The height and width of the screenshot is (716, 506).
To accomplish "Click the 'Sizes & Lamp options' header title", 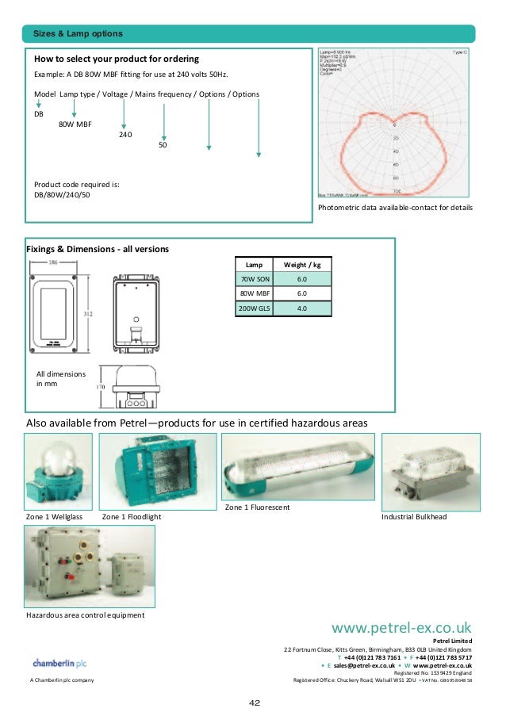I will pos(78,33).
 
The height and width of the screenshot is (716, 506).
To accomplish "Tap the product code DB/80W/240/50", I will pos(62,195).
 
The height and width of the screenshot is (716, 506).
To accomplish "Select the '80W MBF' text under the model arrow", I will pos(75,124).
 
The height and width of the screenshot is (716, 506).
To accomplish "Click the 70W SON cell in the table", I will pos(254,279).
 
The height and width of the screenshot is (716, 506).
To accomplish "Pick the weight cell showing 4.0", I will pos(301,308).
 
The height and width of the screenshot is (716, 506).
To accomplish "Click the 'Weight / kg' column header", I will pos(301,264).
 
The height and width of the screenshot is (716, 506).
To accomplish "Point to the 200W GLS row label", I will pos(254,308).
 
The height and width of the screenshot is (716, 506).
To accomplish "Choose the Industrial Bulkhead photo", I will pos(430,472).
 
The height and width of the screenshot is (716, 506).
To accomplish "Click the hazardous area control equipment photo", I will pos(90,566).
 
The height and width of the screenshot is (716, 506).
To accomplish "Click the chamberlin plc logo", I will pos(59,663).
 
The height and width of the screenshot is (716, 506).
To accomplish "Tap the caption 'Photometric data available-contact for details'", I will pos(394,208).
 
